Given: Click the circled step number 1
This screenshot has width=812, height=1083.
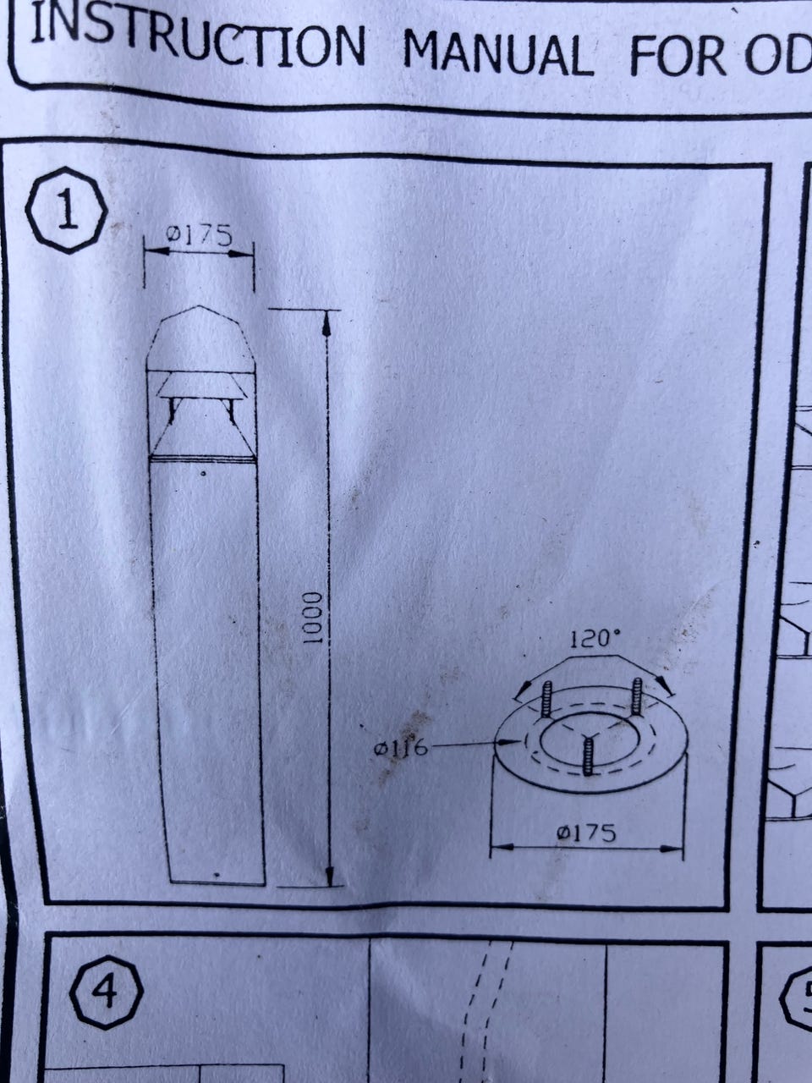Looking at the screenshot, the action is tap(67, 212).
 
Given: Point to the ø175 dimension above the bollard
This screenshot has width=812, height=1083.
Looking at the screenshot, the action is tap(199, 235).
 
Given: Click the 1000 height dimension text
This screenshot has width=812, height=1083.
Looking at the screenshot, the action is tap(311, 618).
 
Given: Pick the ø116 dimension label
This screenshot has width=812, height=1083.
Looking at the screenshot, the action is tap(400, 750).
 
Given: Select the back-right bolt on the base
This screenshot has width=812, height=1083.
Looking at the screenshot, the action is tap(636, 695).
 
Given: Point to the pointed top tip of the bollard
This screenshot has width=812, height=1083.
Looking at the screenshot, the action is tap(199, 306).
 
